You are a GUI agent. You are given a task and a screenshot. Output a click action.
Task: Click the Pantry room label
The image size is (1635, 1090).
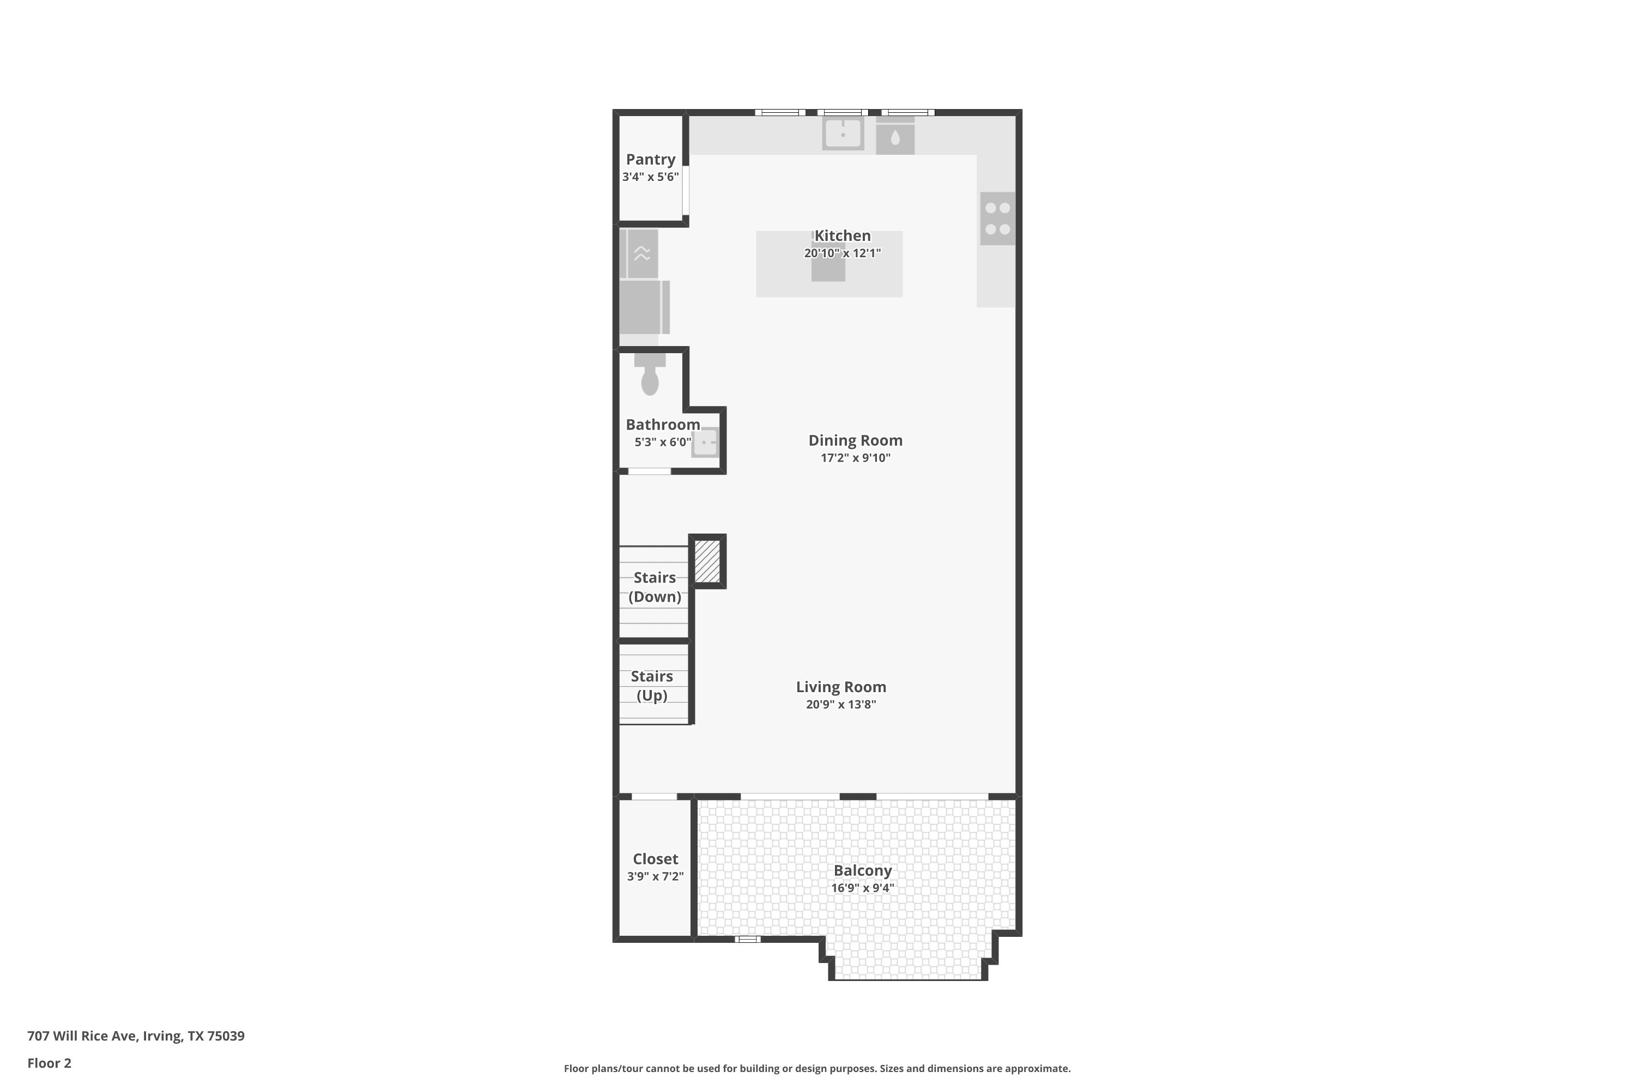click(x=650, y=159)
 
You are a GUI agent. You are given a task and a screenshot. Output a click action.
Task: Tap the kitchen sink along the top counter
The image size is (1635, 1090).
click(x=843, y=133)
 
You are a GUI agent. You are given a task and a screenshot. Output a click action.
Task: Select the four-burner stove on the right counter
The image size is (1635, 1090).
click(x=997, y=219)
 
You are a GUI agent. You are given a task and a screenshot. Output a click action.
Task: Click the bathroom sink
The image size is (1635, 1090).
click(x=705, y=443)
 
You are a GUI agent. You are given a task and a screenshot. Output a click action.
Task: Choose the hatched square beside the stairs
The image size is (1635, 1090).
click(x=707, y=561)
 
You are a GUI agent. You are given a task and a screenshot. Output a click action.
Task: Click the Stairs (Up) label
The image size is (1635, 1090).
click(x=651, y=686)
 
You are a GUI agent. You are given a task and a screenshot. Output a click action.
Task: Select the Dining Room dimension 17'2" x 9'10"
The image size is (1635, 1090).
click(x=855, y=457)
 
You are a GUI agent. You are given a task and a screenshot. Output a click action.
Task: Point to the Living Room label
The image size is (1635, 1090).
click(x=840, y=687)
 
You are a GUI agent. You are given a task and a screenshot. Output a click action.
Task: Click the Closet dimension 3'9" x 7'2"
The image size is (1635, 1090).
click(x=655, y=876)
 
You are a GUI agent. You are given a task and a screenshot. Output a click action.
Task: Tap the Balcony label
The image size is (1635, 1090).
click(x=862, y=870)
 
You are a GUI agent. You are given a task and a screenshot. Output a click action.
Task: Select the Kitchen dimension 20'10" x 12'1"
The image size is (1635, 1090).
click(x=842, y=253)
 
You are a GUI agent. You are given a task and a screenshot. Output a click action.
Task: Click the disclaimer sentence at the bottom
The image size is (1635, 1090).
click(x=817, y=1068)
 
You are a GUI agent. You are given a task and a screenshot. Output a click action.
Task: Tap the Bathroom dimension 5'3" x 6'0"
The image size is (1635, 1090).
click(x=663, y=442)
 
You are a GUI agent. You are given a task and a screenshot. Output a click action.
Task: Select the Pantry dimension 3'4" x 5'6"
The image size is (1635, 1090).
click(x=650, y=177)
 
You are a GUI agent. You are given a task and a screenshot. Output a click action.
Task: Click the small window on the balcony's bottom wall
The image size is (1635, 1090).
click(x=747, y=939)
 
